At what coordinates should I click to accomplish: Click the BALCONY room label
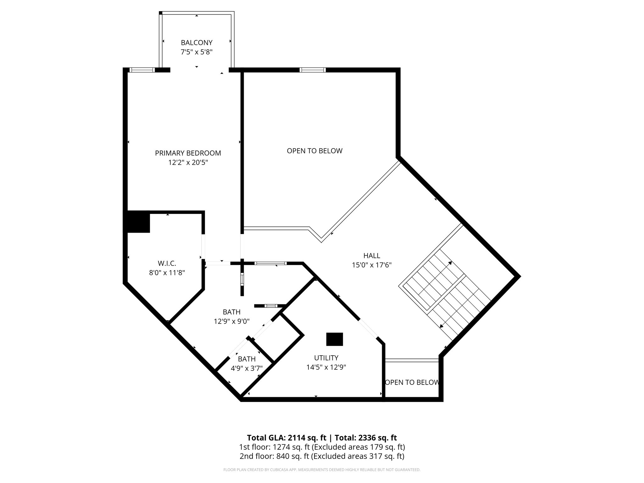pyautogui.click(x=197, y=42)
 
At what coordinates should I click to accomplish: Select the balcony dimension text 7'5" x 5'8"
pyautogui.click(x=197, y=52)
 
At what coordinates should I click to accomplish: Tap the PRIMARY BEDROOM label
pyautogui.click(x=188, y=153)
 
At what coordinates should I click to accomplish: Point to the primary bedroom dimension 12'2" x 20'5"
pyautogui.click(x=188, y=163)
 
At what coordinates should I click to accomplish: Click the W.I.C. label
pyautogui.click(x=167, y=263)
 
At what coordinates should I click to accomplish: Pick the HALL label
pyautogui.click(x=371, y=256)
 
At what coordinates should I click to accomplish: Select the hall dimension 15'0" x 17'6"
pyautogui.click(x=371, y=265)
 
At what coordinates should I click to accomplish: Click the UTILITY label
pyautogui.click(x=326, y=358)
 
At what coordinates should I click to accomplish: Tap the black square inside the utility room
pyautogui.click(x=334, y=339)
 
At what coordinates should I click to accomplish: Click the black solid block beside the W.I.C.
pyautogui.click(x=138, y=222)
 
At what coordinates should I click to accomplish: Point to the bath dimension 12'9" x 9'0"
pyautogui.click(x=231, y=321)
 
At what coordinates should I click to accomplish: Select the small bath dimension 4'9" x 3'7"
pyautogui.click(x=247, y=368)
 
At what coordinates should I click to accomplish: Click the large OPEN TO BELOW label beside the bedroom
pyautogui.click(x=314, y=151)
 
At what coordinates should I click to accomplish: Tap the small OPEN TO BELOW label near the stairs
pyautogui.click(x=412, y=382)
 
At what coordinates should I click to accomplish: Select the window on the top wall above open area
pyautogui.click(x=312, y=70)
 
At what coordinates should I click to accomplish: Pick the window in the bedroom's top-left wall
pyautogui.click(x=142, y=70)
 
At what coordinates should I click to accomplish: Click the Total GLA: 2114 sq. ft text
pyautogui.click(x=287, y=438)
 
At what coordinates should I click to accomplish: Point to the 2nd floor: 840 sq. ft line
pyautogui.click(x=322, y=456)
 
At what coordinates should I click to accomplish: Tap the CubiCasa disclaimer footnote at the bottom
pyautogui.click(x=322, y=470)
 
